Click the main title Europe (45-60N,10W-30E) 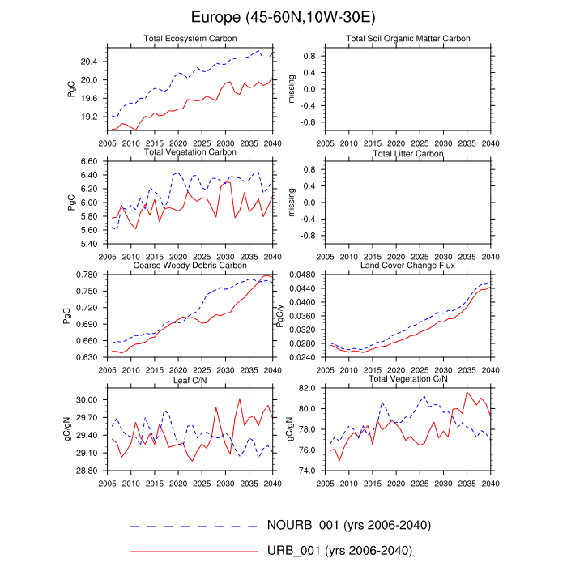(x=283, y=17)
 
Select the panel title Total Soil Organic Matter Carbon (x=408, y=39)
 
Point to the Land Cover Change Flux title (x=408, y=265)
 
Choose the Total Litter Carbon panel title (x=408, y=152)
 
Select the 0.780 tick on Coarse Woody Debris (x=85, y=275)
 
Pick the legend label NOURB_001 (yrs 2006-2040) (x=348, y=526)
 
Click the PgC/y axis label (x=283, y=316)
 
